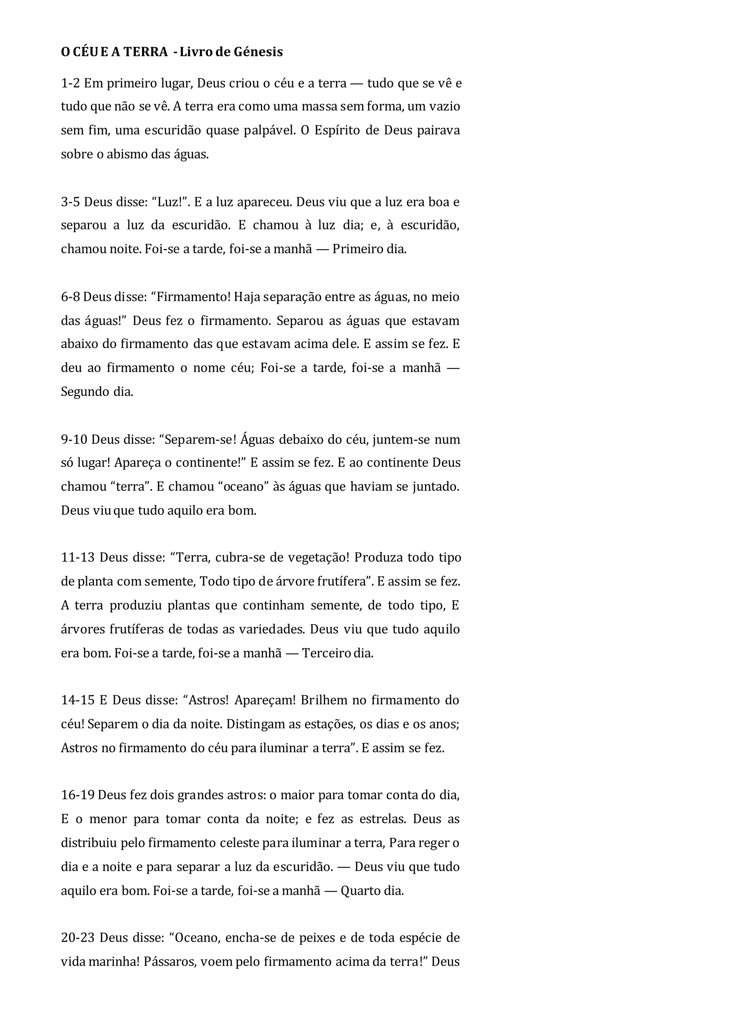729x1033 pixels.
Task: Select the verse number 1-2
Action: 70,83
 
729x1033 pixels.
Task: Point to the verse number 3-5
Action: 70,202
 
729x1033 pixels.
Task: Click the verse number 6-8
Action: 70,297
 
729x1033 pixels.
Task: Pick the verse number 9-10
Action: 74,439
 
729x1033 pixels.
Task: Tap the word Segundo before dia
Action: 84,392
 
